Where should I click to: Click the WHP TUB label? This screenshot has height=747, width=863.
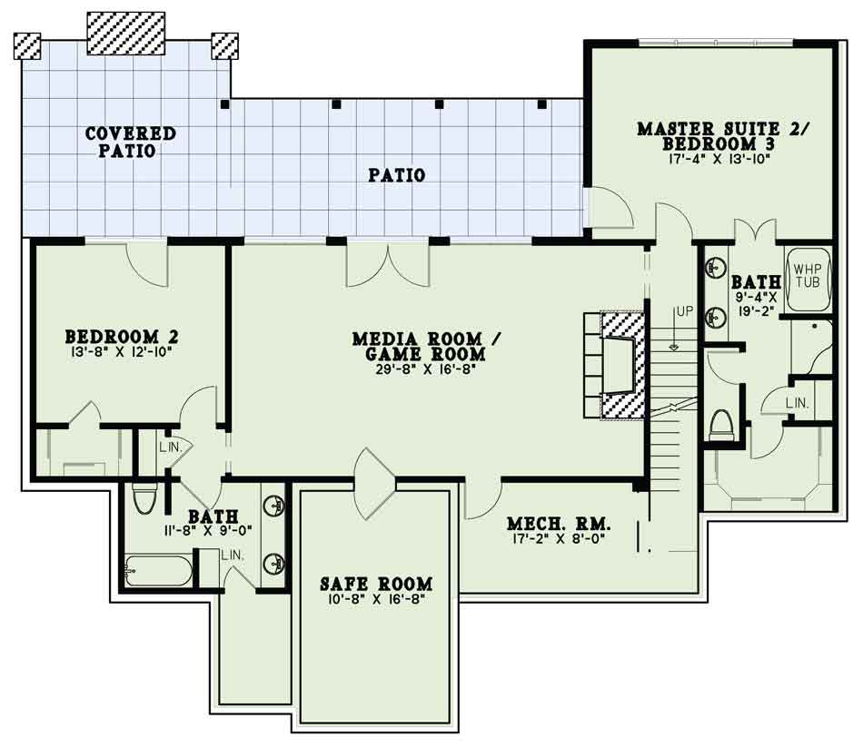807,276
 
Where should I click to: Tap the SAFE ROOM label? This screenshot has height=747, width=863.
376,583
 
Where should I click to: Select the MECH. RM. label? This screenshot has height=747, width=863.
560,523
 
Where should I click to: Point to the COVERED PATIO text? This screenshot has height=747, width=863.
131,142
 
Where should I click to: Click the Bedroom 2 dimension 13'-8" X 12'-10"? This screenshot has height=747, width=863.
122,351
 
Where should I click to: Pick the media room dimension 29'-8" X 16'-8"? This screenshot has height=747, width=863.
425,369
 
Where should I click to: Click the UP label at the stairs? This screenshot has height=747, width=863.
685,311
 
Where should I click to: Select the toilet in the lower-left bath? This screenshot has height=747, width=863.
144,498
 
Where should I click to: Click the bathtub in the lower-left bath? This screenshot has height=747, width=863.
158,571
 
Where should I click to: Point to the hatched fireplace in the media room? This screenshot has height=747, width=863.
622,367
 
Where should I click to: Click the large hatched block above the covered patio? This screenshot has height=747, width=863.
126,33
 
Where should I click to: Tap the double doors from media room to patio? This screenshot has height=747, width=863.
388,264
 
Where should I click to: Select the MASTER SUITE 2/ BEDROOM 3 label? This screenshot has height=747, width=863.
723,136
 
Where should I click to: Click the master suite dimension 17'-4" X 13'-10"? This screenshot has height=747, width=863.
718,159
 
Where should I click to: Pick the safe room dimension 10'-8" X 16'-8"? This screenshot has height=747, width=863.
376,599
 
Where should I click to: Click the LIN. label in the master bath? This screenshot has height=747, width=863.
798,403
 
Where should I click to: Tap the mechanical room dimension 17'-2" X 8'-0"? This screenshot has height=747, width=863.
560,538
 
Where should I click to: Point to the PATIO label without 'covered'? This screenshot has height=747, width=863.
396,175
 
